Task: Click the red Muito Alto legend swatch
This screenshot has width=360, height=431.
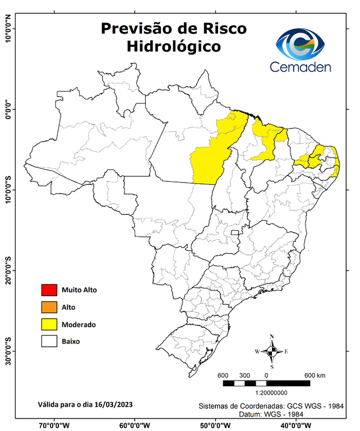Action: pyautogui.click(x=49, y=290)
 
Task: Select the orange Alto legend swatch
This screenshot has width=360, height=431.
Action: pyautogui.click(x=49, y=307)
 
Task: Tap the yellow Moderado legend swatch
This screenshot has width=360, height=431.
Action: pyautogui.click(x=49, y=324)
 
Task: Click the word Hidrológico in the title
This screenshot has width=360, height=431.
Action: pyautogui.click(x=173, y=46)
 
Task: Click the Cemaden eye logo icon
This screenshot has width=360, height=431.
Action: pyautogui.click(x=301, y=43)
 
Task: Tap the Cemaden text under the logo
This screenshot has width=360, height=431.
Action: pyautogui.click(x=301, y=67)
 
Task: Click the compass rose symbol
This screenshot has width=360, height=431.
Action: pyautogui.click(x=272, y=352)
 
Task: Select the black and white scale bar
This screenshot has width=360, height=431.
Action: pyautogui.click(x=266, y=383)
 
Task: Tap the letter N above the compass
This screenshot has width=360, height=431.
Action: pyautogui.click(x=272, y=337)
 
